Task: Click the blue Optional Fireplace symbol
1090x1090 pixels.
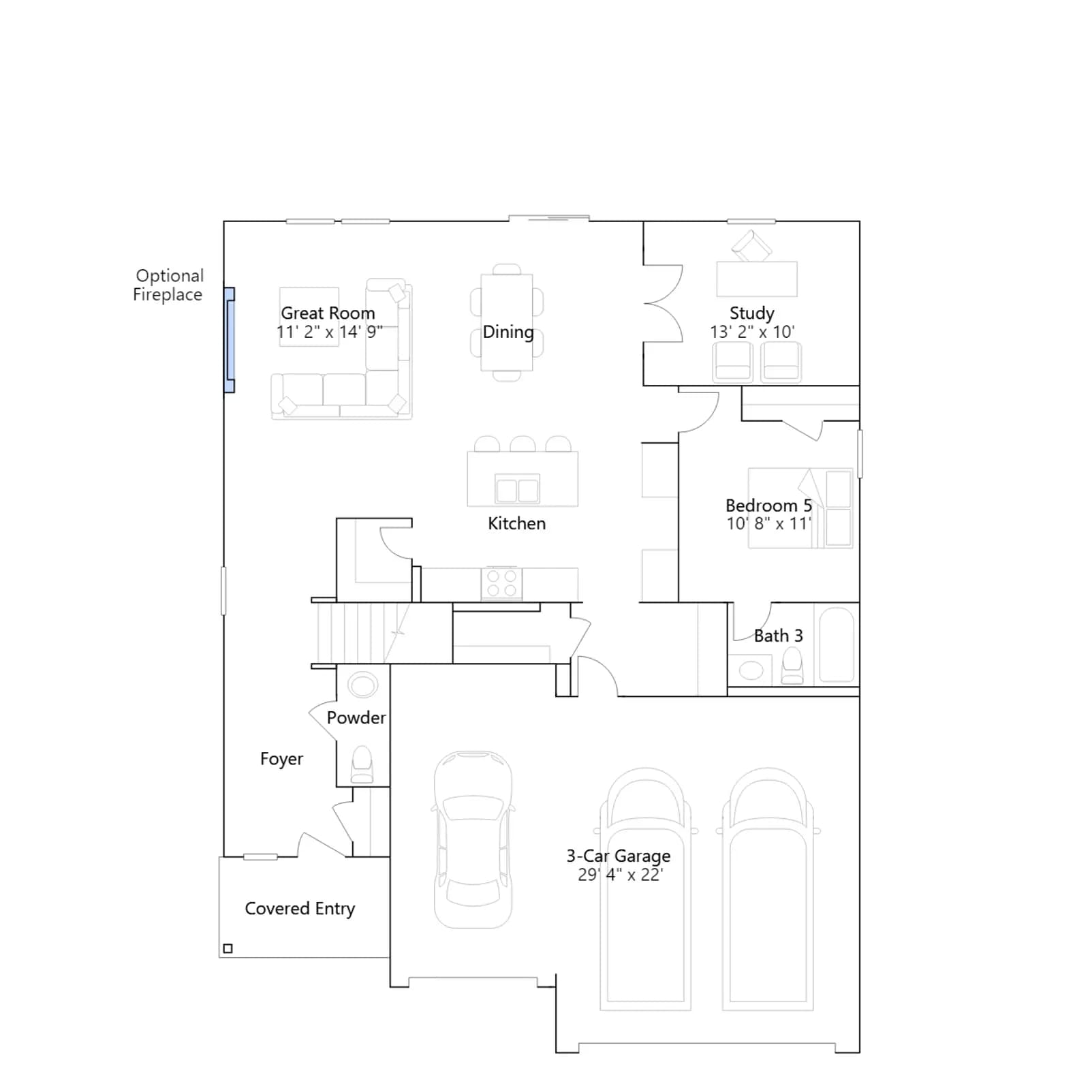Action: [x=230, y=340]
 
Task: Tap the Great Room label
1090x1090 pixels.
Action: [x=328, y=313]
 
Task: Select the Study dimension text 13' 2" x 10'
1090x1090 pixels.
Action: [x=752, y=332]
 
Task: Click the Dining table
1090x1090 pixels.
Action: [x=507, y=322]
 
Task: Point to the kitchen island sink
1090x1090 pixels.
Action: [x=518, y=488]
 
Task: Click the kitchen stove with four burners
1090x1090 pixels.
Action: [x=502, y=584]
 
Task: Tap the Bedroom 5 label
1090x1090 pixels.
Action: [x=768, y=505]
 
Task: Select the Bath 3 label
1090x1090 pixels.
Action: [x=778, y=636]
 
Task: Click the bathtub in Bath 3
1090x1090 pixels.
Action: [x=837, y=644]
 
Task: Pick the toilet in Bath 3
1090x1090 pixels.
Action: [x=792, y=666]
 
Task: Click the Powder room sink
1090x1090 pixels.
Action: [x=363, y=684]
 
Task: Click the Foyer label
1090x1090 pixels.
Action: [x=281, y=759]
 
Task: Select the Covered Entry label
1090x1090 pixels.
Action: [x=300, y=909]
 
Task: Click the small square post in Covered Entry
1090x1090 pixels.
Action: [x=228, y=948]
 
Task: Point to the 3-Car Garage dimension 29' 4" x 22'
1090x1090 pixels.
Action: [x=620, y=875]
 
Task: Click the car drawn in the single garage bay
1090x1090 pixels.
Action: [x=473, y=839]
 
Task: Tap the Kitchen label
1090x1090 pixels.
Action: [x=516, y=523]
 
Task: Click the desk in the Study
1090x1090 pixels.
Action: [x=757, y=279]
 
